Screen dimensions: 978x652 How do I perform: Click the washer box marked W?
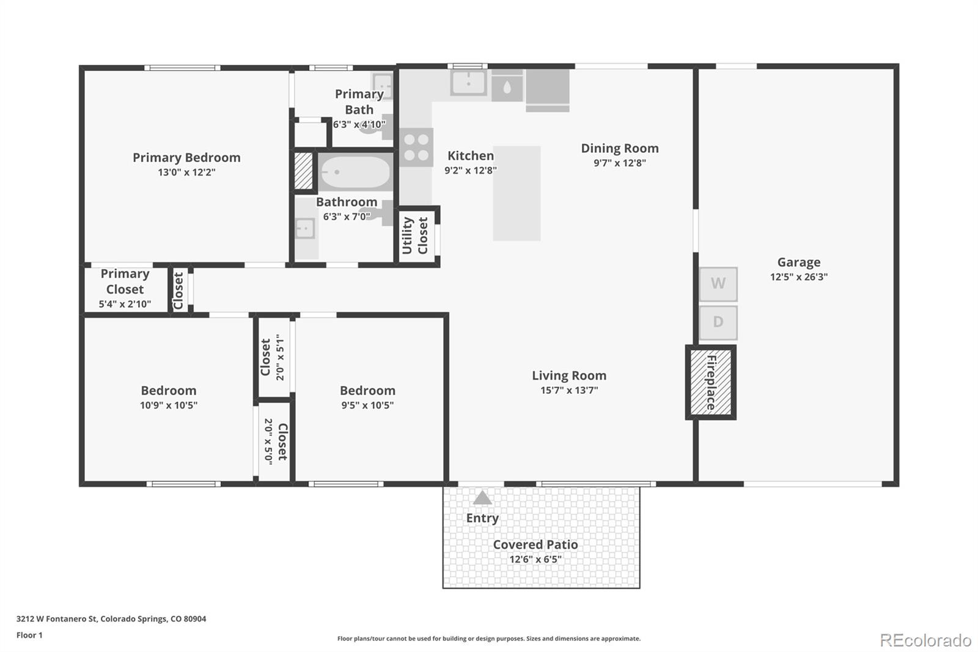pos(718,284)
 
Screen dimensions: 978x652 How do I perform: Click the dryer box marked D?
pos(718,322)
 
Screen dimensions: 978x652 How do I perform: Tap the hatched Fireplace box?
pos(710,382)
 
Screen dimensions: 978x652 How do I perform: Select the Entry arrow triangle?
pos(482,497)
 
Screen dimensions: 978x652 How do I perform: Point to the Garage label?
pos(798,262)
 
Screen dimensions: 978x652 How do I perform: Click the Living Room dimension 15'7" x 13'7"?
pos(569,390)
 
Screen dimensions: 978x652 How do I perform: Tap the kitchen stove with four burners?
pos(416,147)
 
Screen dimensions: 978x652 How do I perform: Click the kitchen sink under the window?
pos(468,83)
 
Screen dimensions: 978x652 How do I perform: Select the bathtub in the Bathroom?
pos(354,172)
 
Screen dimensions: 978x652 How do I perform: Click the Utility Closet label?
pos(415,235)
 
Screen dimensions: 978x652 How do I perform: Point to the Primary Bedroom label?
pos(186,157)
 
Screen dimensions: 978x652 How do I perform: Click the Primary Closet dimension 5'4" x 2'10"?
pos(125,304)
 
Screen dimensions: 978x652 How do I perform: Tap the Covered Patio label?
pos(535,544)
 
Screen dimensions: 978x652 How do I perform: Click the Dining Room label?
pos(620,148)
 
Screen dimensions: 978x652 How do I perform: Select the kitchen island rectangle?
pos(517,193)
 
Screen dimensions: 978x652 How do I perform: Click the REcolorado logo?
pos(925,640)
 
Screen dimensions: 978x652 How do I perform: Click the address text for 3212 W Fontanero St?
pos(111,619)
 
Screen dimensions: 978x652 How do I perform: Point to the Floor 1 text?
pos(29,635)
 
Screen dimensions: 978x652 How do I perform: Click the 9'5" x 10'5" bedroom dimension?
pos(367,405)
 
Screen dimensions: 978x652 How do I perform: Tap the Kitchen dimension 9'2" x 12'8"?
pos(471,170)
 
